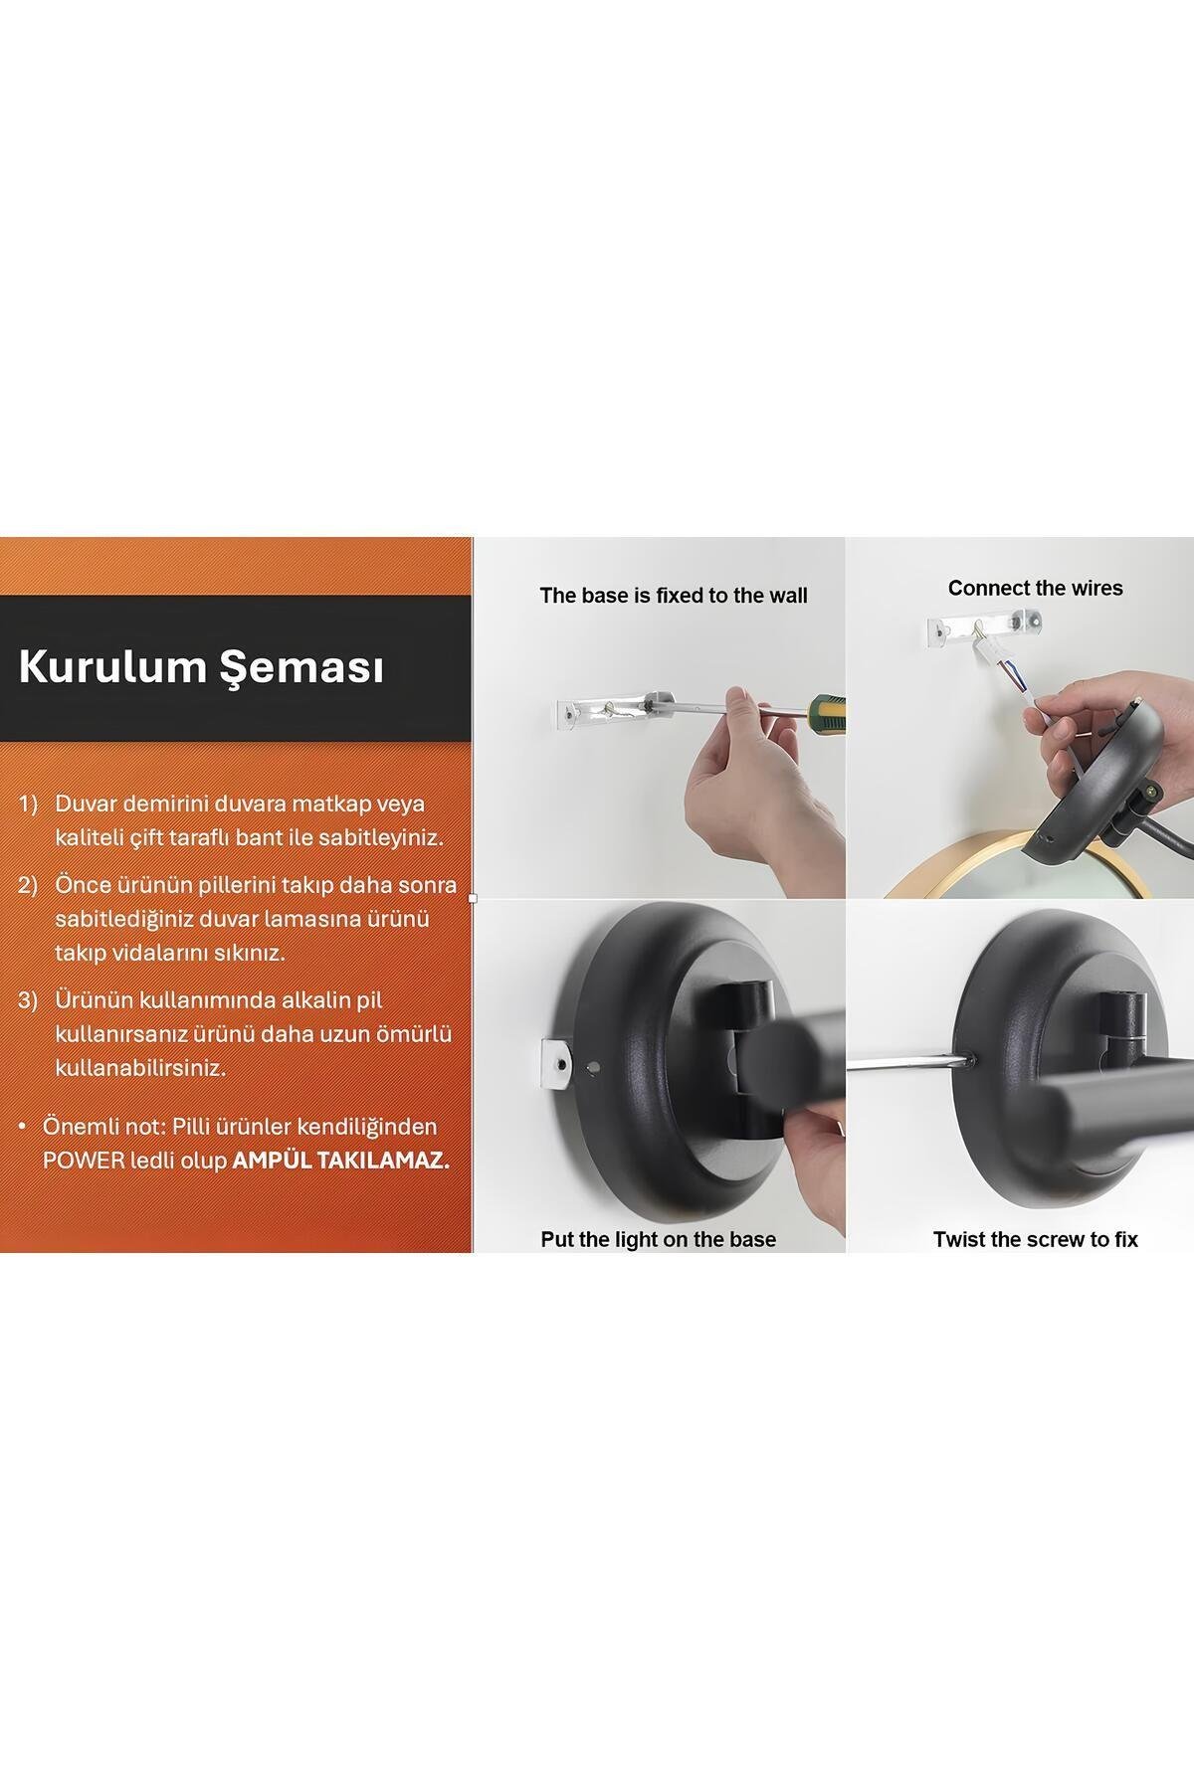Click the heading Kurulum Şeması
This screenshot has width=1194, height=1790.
(201, 668)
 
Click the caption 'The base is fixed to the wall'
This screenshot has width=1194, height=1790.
(673, 596)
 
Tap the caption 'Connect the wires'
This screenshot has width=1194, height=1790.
(1035, 588)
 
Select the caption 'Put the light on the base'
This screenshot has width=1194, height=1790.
(658, 1239)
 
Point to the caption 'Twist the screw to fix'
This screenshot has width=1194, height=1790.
(1035, 1239)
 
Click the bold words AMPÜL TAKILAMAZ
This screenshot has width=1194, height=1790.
(340, 1161)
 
